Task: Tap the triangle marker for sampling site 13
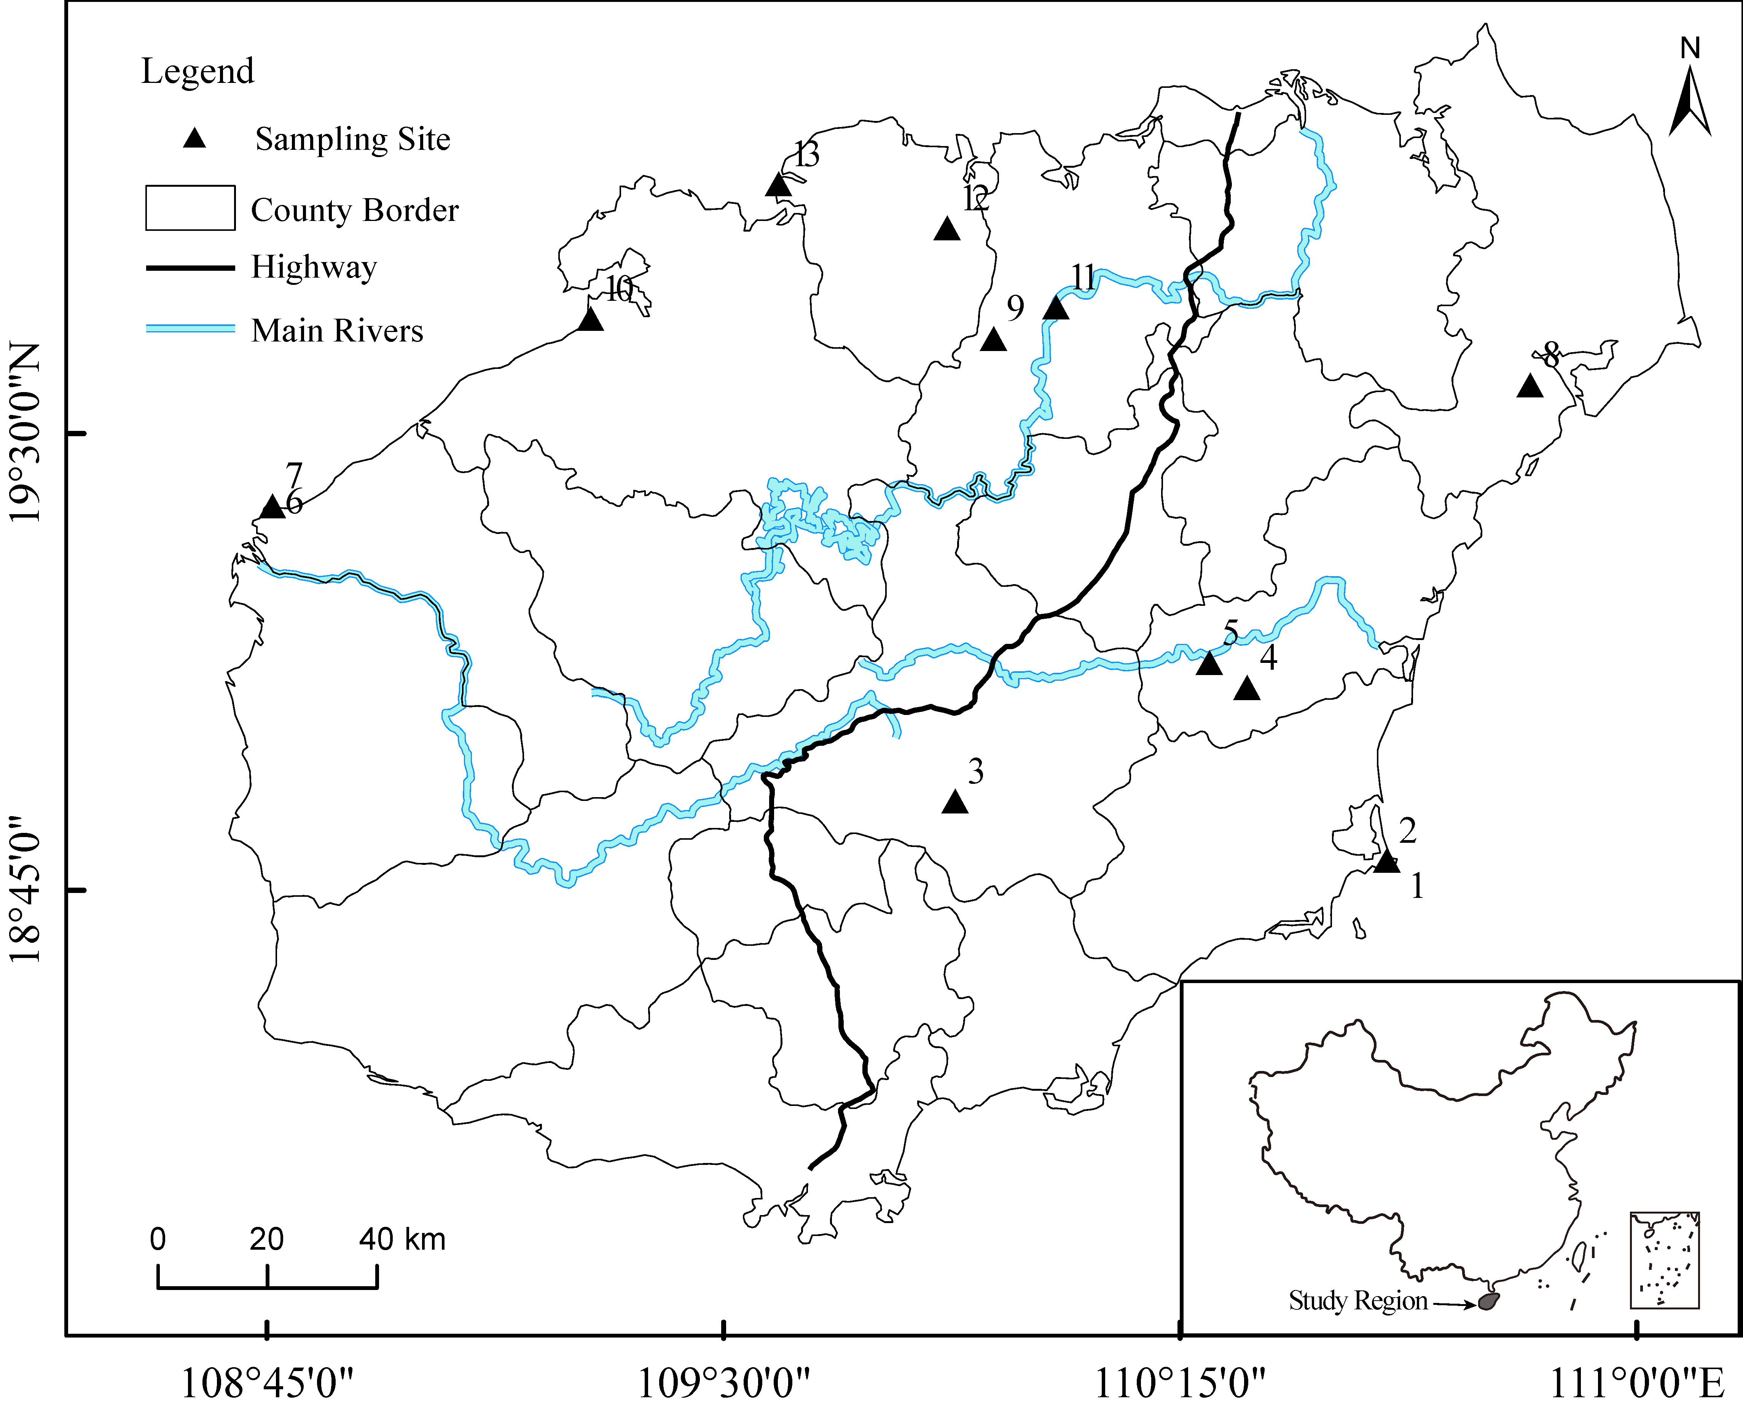coord(778,186)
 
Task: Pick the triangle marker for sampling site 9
coord(993,340)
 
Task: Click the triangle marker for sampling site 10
coord(591,320)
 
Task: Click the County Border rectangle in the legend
coord(190,208)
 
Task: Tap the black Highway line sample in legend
coord(190,267)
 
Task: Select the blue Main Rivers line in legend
coord(190,329)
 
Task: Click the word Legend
coord(198,71)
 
